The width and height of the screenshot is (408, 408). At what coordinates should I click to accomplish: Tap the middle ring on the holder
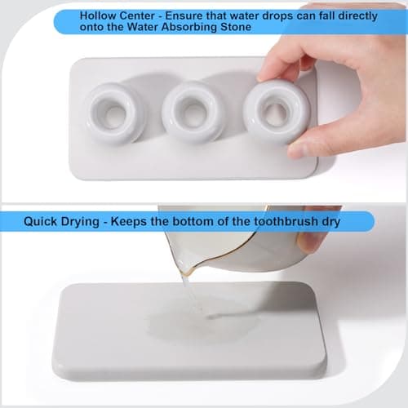193,112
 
